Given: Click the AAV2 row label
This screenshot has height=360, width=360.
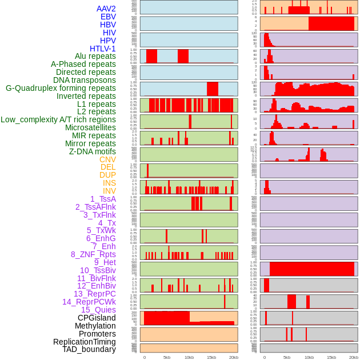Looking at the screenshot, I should coord(106,9).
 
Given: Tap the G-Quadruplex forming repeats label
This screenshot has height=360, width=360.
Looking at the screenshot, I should coord(61,88).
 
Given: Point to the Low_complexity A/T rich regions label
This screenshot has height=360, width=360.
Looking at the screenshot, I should coord(58,119).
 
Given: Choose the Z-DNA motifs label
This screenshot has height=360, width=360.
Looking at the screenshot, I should coord(92,151).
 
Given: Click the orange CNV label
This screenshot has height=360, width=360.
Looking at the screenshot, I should coord(107,159).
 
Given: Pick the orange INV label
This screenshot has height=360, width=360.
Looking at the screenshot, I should coord(109,191).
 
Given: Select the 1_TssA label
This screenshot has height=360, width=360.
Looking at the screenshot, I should coord(103,199).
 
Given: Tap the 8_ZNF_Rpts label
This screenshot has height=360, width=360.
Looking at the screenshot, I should coord(93,254).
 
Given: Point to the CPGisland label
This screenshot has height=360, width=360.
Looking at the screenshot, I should coord(97,318).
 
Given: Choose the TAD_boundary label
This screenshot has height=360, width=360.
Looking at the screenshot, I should coord(89,349).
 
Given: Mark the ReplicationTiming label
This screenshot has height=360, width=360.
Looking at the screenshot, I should coord(84,342).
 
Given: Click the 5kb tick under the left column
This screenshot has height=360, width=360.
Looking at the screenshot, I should coord(167,357).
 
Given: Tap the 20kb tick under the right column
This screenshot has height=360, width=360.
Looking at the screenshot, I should coord(353,357).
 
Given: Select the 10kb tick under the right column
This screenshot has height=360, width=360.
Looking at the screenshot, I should coord(309,357).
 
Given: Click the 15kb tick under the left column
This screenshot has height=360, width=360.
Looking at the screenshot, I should coord(211,357).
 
